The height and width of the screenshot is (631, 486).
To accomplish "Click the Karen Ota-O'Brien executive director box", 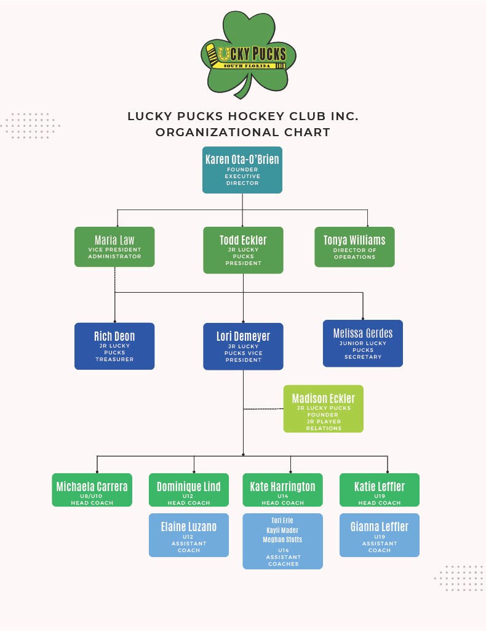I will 242,169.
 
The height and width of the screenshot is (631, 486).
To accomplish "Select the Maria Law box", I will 114,246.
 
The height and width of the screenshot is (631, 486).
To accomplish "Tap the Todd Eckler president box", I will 243,250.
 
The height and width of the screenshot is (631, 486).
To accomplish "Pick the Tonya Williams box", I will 354,246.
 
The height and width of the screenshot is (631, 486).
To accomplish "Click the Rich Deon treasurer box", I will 114,346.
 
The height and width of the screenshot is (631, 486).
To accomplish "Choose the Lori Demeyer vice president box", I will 243,346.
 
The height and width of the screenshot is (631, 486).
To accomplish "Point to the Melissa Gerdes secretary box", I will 363,343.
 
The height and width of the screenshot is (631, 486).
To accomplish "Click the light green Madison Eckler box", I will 324,409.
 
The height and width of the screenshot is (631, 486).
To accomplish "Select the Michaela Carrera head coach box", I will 92,490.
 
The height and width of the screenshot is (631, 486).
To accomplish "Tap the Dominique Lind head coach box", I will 189,490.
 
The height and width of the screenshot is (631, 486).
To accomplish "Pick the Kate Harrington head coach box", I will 283,490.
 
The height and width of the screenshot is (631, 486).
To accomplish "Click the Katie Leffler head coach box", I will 380,490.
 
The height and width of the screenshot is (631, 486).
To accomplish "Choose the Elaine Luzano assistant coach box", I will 189,535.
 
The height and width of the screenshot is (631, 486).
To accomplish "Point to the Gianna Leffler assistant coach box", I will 380,535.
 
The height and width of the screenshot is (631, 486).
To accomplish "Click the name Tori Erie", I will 282,521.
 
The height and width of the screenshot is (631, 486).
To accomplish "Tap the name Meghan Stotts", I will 282,539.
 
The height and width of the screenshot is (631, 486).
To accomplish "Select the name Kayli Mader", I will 282,530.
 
